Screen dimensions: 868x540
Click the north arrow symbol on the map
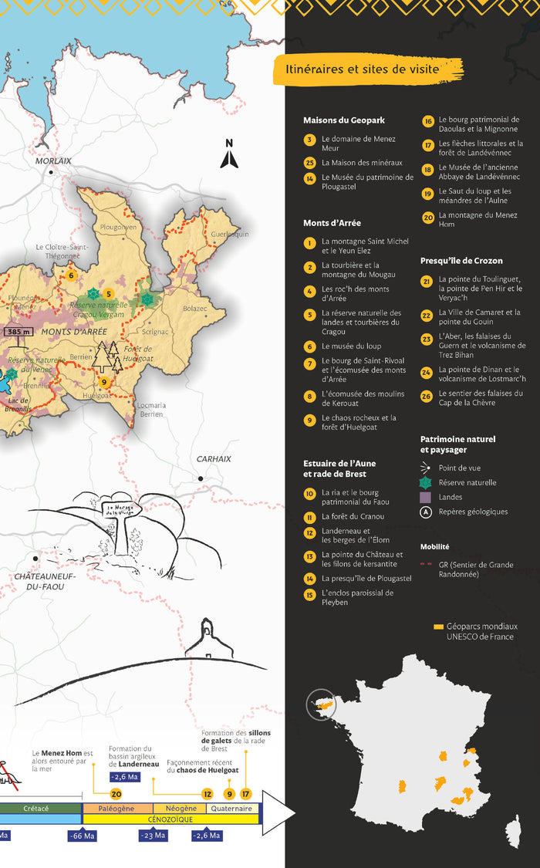coord(228,154)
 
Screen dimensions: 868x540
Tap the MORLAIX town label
coord(53,160)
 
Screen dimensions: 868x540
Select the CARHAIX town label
coord(214,458)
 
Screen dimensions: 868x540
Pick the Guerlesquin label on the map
coord(230,234)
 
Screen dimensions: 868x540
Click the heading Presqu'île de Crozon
coord(461,261)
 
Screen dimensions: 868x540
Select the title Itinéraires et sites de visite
coord(362,69)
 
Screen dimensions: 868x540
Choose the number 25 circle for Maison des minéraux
coord(309,162)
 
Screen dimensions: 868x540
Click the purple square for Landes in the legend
coord(426,498)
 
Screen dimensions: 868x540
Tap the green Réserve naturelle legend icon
coord(426,482)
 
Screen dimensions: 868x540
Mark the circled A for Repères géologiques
coord(426,512)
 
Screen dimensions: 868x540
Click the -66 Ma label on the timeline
coord(83,836)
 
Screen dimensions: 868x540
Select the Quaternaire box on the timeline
coord(233,808)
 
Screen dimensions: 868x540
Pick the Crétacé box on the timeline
coord(35,808)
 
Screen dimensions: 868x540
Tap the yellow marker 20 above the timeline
coord(116,793)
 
